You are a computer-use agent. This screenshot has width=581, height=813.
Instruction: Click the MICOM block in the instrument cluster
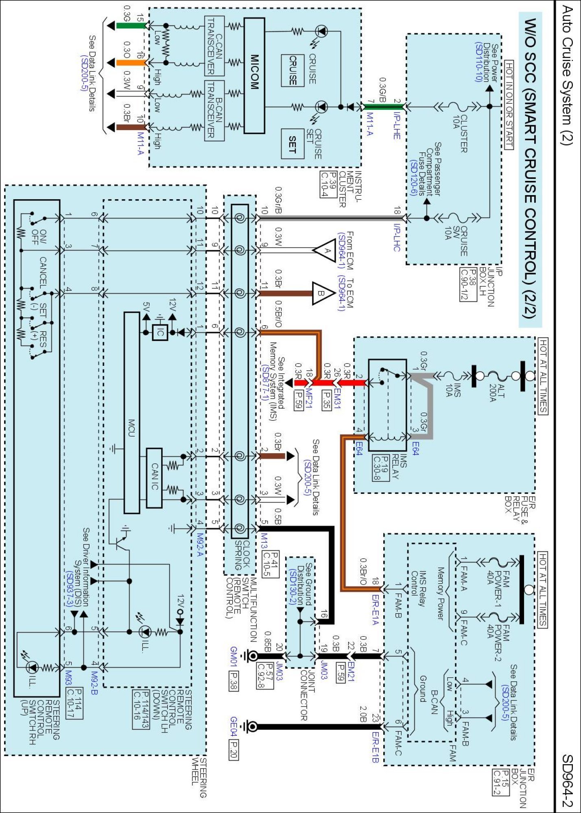(254, 76)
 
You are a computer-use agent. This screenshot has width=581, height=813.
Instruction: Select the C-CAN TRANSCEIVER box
(214, 46)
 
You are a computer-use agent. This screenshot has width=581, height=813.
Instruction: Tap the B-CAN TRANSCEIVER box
(214, 110)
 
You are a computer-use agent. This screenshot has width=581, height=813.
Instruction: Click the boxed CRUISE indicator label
(293, 70)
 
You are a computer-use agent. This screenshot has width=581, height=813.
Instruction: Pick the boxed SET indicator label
(293, 144)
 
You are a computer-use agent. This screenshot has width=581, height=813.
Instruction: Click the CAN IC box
(154, 478)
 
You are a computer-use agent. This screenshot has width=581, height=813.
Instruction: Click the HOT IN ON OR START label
(509, 105)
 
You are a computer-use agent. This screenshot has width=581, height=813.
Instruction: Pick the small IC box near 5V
(160, 333)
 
